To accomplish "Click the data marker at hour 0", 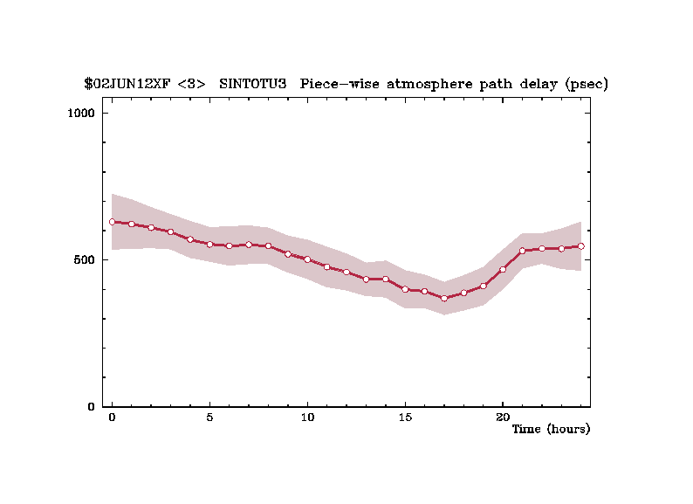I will [112, 222].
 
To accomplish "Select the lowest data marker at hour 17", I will [444, 298].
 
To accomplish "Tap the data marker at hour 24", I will [580, 246].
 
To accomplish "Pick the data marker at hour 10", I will [307, 259].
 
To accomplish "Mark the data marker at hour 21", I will [522, 251].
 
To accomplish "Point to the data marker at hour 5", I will [209, 245].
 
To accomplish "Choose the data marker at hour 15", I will [405, 289].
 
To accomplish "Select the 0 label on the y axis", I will [92, 407].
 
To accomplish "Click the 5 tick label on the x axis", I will [209, 418].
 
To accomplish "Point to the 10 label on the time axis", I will [307, 418].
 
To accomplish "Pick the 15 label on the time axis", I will [405, 418].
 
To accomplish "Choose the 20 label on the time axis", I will [503, 418].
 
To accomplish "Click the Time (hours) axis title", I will [551, 430].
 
